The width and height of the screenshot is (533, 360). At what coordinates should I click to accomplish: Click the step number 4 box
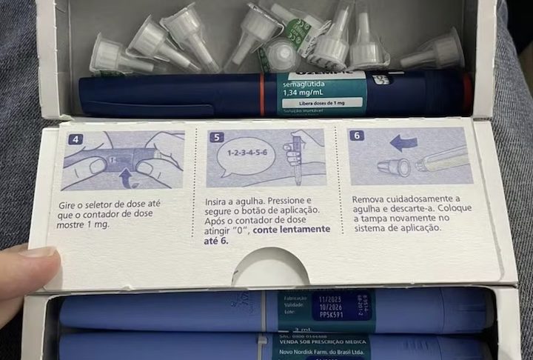(x=70, y=139)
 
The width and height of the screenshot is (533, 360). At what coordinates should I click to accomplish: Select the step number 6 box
(x=357, y=136)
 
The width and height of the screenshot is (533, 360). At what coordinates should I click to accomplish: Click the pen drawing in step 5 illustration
(x=295, y=159)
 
